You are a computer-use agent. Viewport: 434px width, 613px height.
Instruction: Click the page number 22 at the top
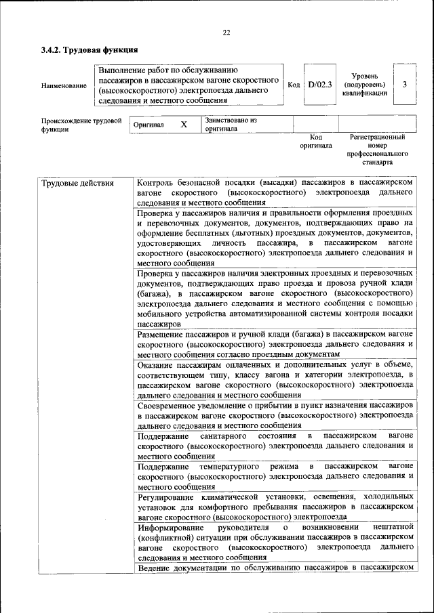click(x=226, y=32)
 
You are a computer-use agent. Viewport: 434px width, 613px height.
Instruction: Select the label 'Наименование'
click(x=64, y=86)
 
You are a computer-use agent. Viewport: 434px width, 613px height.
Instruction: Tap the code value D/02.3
click(x=319, y=85)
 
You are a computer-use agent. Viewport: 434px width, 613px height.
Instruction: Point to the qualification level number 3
click(x=405, y=85)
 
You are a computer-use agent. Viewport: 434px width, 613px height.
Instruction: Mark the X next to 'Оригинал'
click(x=184, y=125)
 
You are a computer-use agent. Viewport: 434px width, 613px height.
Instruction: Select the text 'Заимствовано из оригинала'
click(x=230, y=124)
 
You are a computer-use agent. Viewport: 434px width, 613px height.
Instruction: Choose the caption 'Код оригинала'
click(x=316, y=141)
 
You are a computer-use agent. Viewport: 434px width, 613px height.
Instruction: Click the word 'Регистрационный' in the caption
click(x=377, y=137)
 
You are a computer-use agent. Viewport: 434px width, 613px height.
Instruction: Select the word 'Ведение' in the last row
click(x=154, y=568)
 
